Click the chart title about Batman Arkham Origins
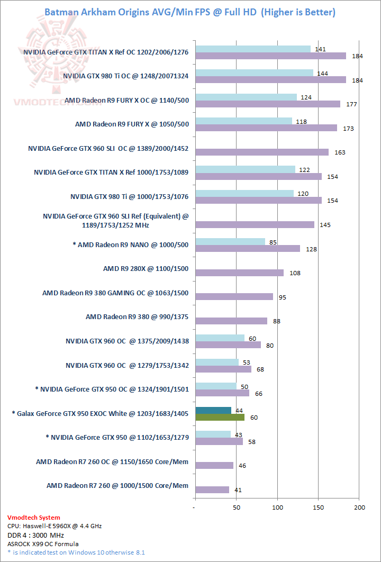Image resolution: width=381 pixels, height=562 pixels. point(190,12)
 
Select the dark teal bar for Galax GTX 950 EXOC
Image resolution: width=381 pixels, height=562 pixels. point(213,410)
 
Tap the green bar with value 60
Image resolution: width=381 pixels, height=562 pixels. point(220,418)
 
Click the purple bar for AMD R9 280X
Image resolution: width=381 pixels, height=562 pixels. point(239,273)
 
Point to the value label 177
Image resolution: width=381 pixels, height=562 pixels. point(351,104)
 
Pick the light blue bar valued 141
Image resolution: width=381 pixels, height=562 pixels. point(253,49)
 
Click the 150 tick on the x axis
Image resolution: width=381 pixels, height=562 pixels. point(318,507)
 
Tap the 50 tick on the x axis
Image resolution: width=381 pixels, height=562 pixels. point(237,507)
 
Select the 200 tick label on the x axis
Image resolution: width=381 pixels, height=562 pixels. point(359,507)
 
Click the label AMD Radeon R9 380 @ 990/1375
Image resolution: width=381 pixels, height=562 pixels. point(137,318)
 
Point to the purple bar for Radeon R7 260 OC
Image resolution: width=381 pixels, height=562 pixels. point(214,466)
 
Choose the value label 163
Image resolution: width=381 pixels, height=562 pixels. point(340,152)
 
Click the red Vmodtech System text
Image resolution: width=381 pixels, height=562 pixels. point(34,518)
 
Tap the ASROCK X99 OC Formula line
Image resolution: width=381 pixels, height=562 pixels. point(43,543)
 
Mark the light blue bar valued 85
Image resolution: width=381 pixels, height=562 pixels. point(230,242)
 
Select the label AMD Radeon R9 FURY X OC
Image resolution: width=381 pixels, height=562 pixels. point(126,99)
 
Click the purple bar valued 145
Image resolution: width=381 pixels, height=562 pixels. point(255,225)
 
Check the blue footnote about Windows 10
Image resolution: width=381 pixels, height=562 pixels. point(76,552)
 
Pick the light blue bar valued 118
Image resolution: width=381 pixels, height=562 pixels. point(243,121)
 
